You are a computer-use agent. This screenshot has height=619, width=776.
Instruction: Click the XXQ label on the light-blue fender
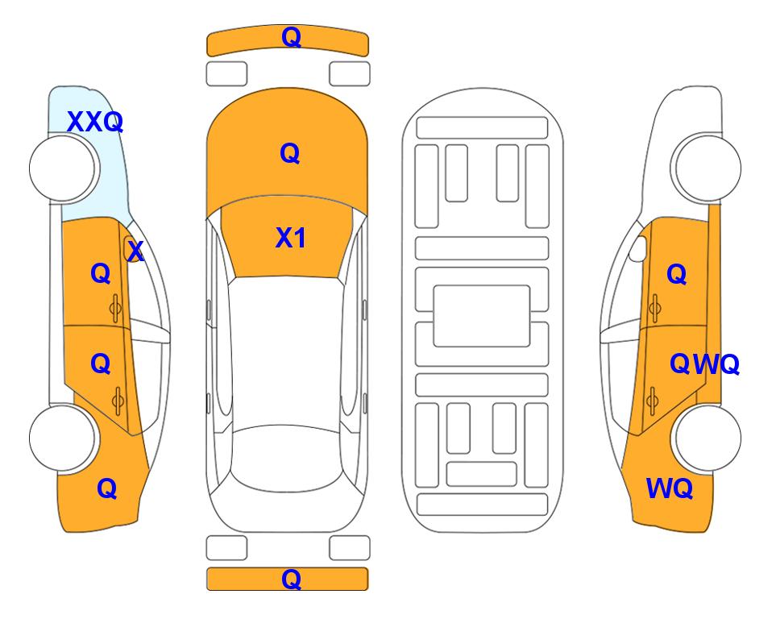[x=95, y=122]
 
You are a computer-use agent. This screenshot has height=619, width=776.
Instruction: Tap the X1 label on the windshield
[x=291, y=238]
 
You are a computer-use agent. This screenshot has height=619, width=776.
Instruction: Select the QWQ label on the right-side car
[x=704, y=364]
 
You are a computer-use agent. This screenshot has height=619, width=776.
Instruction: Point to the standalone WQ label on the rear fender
[x=669, y=488]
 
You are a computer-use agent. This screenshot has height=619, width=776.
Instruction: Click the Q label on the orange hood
[x=290, y=153]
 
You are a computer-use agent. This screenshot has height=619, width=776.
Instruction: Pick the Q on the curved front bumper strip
[x=291, y=37]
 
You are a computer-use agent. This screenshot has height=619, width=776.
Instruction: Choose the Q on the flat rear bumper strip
[x=291, y=579]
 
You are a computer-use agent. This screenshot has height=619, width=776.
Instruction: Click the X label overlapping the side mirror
[x=135, y=251]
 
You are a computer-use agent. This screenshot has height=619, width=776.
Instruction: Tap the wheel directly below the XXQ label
[x=63, y=168]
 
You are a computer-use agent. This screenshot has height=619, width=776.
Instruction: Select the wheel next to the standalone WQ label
[x=706, y=438]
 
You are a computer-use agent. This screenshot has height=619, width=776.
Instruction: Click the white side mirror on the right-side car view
[x=637, y=248]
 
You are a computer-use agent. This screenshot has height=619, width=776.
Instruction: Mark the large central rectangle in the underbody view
[x=482, y=316]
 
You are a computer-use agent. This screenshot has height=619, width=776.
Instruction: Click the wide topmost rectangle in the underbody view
[x=482, y=128]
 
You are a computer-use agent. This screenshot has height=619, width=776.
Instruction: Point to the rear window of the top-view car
[x=290, y=459]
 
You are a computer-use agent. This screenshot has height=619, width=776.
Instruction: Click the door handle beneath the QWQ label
[x=653, y=401]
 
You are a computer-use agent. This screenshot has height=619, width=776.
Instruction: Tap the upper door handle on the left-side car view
[x=116, y=308]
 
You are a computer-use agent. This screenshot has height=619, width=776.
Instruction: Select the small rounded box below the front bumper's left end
[x=226, y=74]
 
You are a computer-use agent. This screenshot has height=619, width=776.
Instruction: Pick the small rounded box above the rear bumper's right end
[x=350, y=548]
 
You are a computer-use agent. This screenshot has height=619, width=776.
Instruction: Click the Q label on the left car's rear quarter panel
[x=107, y=488]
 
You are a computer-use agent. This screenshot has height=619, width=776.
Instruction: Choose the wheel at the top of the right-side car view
[x=706, y=168]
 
